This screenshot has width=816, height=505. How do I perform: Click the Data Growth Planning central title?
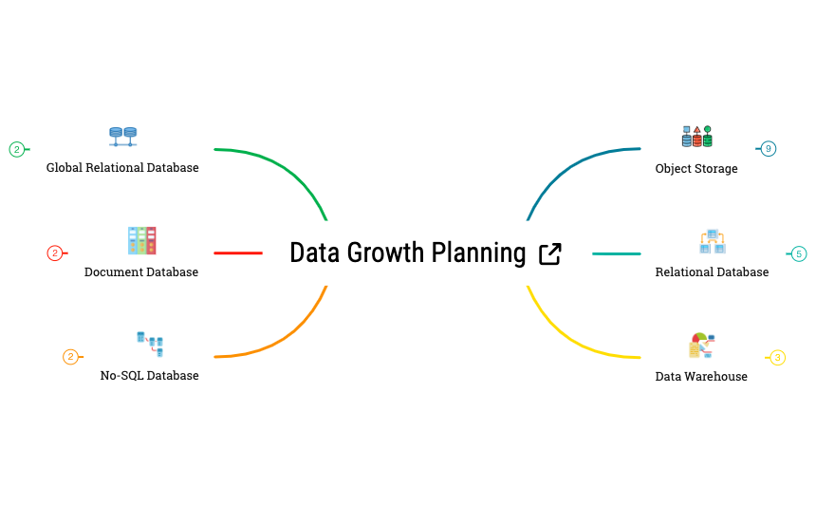pyautogui.click(x=407, y=253)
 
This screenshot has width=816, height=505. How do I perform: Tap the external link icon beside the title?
pyautogui.click(x=549, y=253)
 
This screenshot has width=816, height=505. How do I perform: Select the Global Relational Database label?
pyautogui.click(x=122, y=168)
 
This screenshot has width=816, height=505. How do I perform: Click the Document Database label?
pyautogui.click(x=141, y=272)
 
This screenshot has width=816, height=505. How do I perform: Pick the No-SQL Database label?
pyautogui.click(x=149, y=376)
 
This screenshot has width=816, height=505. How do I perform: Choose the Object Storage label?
pyautogui.click(x=695, y=169)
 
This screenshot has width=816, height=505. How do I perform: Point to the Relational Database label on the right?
pyautogui.click(x=712, y=272)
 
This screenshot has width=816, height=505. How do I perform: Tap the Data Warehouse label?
pyautogui.click(x=701, y=377)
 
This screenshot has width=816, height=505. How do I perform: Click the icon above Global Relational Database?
pyautogui.click(x=123, y=136)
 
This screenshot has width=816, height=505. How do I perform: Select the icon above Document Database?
pyautogui.click(x=141, y=240)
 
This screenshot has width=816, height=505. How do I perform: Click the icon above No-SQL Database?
pyautogui.click(x=150, y=344)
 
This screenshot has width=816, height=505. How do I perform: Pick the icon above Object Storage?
pyautogui.click(x=696, y=136)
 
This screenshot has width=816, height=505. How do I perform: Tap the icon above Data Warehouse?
pyautogui.click(x=701, y=345)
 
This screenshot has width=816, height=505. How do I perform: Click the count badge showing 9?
pyautogui.click(x=769, y=149)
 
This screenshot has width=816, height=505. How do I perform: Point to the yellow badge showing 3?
pyautogui.click(x=777, y=358)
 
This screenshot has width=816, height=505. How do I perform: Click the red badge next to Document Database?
pyautogui.click(x=55, y=253)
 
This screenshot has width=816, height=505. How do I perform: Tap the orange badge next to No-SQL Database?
pyautogui.click(x=70, y=357)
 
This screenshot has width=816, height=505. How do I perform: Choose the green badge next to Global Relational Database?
pyautogui.click(x=16, y=149)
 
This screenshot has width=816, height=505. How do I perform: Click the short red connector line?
pyautogui.click(x=237, y=253)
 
